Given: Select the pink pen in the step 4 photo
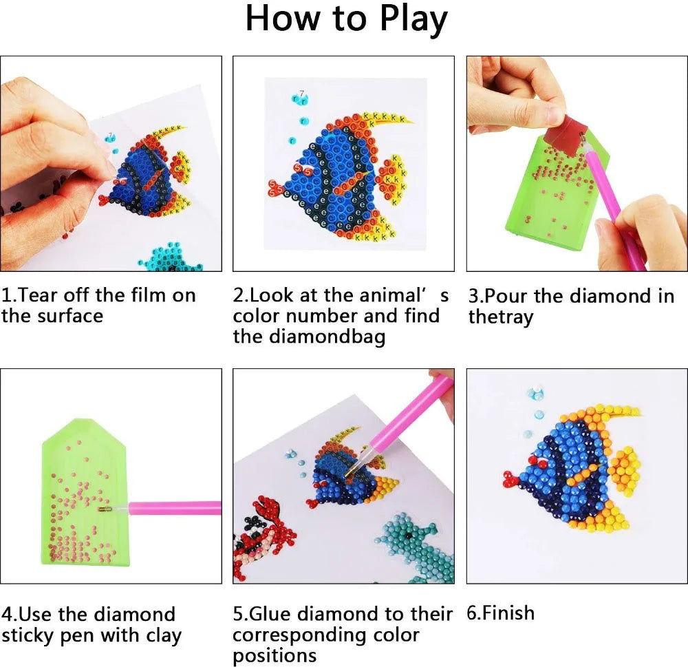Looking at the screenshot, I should point(179,509).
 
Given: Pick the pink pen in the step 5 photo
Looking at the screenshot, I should point(406,420).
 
